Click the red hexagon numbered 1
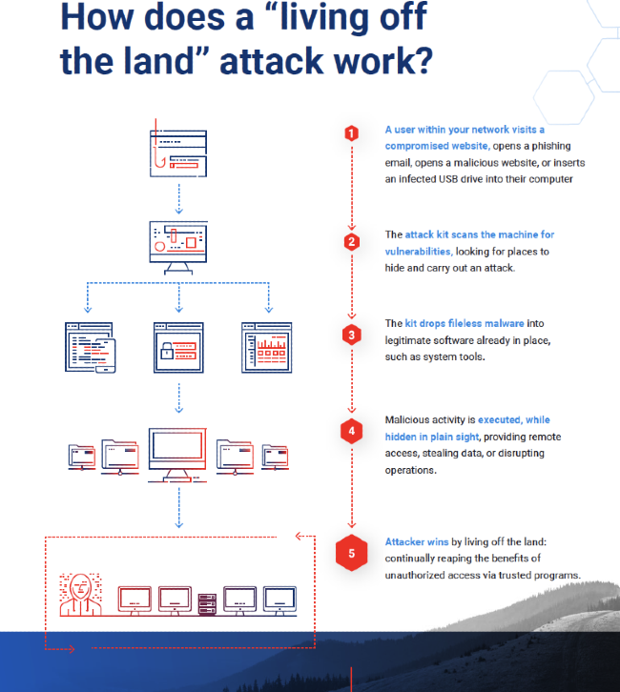pyautogui.click(x=352, y=134)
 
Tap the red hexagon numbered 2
pyautogui.click(x=352, y=241)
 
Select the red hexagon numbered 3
pyautogui.click(x=352, y=335)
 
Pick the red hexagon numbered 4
pyautogui.click(x=352, y=431)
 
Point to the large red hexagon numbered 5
pyautogui.click(x=352, y=553)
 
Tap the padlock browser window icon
pyautogui.click(x=178, y=347)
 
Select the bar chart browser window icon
pyautogui.click(x=266, y=347)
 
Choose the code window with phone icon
pyautogui.click(x=90, y=348)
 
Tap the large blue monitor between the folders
pyautogui.click(x=178, y=454)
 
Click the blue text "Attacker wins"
pyautogui.click(x=417, y=540)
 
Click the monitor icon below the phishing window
pyautogui.click(x=178, y=245)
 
